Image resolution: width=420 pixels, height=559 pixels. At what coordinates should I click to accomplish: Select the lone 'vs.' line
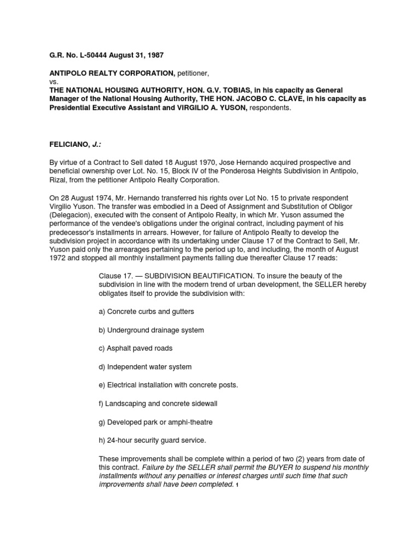pyautogui.click(x=54, y=81)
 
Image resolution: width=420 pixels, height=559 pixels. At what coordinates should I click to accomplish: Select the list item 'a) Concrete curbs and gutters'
pyautogui.click(x=146, y=311)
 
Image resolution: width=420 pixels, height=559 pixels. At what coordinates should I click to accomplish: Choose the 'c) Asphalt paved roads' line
pyautogui.click(x=135, y=348)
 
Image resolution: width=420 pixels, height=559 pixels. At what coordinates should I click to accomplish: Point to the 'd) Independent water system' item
pyautogui.click(x=145, y=367)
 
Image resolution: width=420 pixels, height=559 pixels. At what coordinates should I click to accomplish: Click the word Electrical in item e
pyautogui.click(x=125, y=385)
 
